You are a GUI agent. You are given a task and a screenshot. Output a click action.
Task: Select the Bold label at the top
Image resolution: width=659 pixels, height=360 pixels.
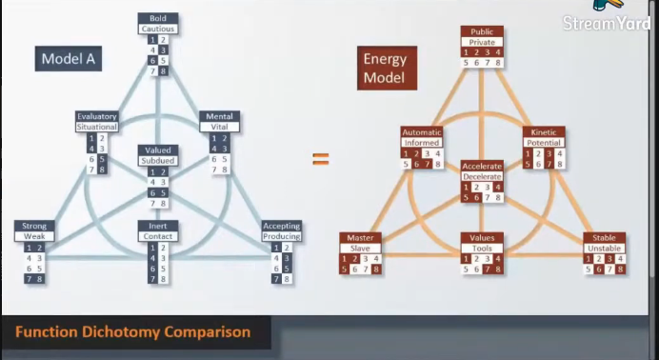(158, 18)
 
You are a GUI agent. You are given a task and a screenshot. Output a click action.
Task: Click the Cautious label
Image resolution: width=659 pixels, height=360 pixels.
(158, 29)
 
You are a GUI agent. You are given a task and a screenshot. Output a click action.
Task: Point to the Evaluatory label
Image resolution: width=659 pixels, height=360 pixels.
(97, 116)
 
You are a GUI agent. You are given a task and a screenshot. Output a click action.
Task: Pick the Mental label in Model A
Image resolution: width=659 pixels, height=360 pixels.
(220, 116)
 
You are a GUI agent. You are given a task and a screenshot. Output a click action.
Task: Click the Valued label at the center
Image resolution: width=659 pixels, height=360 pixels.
(158, 150)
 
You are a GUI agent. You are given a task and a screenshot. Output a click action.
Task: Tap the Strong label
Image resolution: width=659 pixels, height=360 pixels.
(33, 227)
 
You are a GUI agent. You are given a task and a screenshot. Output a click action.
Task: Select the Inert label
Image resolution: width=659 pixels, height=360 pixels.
(158, 227)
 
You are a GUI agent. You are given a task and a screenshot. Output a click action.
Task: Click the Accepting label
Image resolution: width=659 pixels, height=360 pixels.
(282, 227)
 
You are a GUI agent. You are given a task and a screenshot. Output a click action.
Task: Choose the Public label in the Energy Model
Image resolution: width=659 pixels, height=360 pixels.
(482, 31)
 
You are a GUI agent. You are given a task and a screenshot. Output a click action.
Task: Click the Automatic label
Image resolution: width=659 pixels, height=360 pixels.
(421, 131)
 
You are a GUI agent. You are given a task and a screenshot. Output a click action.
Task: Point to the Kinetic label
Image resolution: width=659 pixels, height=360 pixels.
(544, 131)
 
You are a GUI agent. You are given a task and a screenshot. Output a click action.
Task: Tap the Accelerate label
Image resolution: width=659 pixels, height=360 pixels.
(482, 166)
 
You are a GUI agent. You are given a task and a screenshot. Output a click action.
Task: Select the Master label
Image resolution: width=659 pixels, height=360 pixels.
(359, 237)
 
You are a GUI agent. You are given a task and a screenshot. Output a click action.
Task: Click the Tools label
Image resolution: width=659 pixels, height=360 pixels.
(482, 248)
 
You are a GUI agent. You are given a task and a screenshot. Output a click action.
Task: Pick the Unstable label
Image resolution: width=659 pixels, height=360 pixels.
(604, 248)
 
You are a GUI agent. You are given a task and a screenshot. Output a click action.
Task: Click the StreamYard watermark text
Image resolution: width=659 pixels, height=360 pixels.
(606, 24)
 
